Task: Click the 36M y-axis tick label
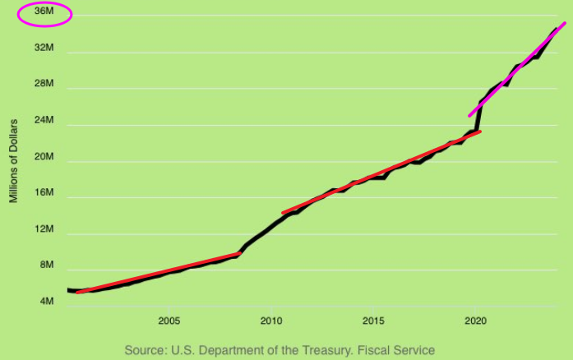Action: pyautogui.click(x=44, y=12)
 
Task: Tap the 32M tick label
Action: pyautogui.click(x=44, y=48)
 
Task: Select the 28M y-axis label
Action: pyautogui.click(x=44, y=85)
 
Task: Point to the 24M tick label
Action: pyautogui.click(x=44, y=121)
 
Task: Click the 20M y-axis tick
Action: pyautogui.click(x=44, y=157)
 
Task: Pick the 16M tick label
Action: pyautogui.click(x=44, y=194)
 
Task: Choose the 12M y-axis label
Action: pyautogui.click(x=44, y=230)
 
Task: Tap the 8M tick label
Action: pyautogui.click(x=47, y=266)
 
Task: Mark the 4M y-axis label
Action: pyautogui.click(x=47, y=302)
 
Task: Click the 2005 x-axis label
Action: pyautogui.click(x=169, y=321)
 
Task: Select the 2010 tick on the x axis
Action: pyautogui.click(x=271, y=321)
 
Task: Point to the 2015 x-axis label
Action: pyautogui.click(x=374, y=321)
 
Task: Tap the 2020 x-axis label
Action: pyautogui.click(x=476, y=321)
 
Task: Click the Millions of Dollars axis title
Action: pyautogui.click(x=14, y=165)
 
